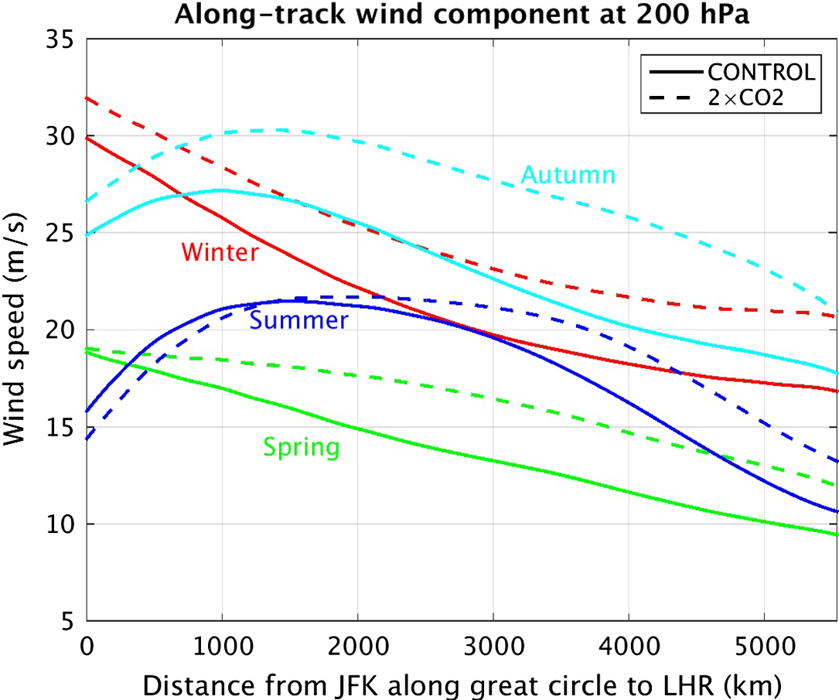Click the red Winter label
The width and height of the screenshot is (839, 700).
(x=220, y=252)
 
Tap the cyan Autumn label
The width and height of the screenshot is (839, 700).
(x=568, y=175)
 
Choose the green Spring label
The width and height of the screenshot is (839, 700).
(x=301, y=447)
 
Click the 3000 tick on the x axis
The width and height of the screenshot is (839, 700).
(x=493, y=644)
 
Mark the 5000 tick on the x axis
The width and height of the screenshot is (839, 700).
(x=763, y=644)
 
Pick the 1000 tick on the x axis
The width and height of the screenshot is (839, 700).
(x=222, y=644)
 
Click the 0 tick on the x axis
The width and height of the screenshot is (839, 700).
(x=87, y=644)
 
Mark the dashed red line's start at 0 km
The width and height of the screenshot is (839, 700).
(x=87, y=98)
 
